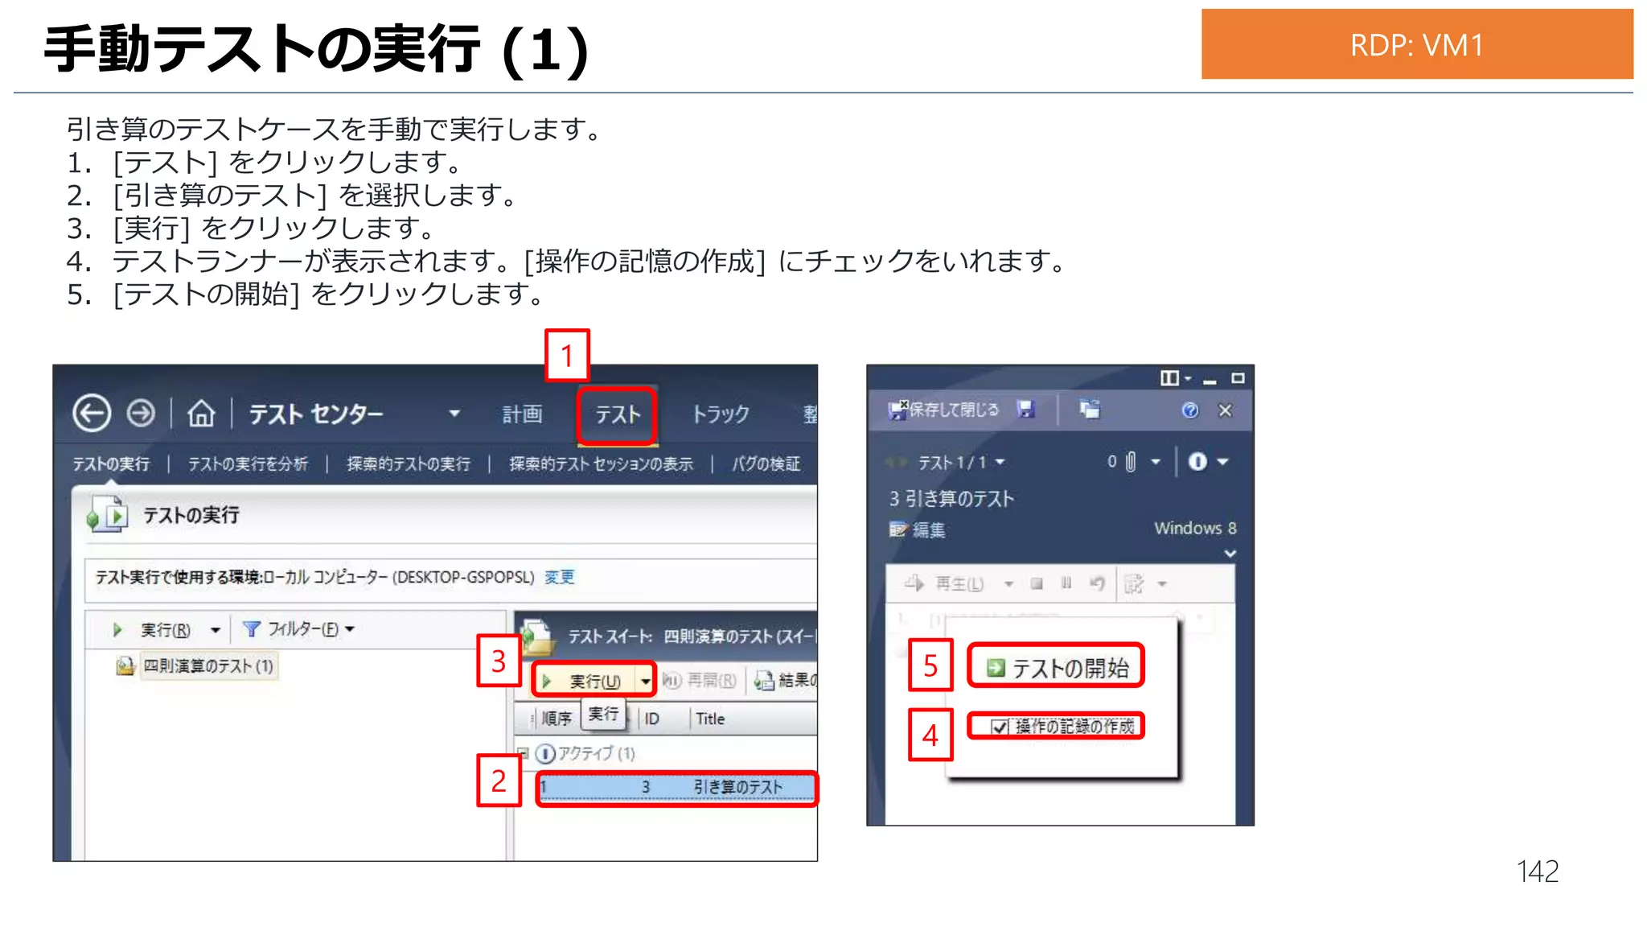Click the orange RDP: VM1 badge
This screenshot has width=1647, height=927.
tap(1416, 44)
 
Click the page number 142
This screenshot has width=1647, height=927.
tap(1537, 871)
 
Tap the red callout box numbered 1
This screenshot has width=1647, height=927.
tap(567, 355)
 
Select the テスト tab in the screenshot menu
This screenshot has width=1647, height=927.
tap(617, 414)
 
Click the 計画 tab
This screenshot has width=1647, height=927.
tap(522, 414)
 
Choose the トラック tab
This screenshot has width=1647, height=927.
tap(721, 414)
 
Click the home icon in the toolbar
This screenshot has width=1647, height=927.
tap(201, 414)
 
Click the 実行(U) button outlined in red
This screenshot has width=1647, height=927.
tap(593, 681)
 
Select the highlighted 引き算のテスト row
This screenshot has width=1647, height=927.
tap(676, 787)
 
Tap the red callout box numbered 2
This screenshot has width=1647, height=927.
tap(499, 780)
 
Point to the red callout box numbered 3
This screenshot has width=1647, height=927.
tap(499, 661)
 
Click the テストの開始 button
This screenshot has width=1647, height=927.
tap(1057, 667)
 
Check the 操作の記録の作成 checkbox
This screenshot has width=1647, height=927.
tap(1000, 727)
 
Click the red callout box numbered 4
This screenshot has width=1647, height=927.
tap(930, 735)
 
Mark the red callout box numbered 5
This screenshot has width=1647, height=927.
tap(930, 665)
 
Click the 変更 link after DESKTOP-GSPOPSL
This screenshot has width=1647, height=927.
tap(560, 577)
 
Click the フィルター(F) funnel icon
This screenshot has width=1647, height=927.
tap(252, 628)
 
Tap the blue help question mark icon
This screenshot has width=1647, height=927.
tap(1189, 410)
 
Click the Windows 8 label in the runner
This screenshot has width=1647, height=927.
tap(1195, 528)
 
